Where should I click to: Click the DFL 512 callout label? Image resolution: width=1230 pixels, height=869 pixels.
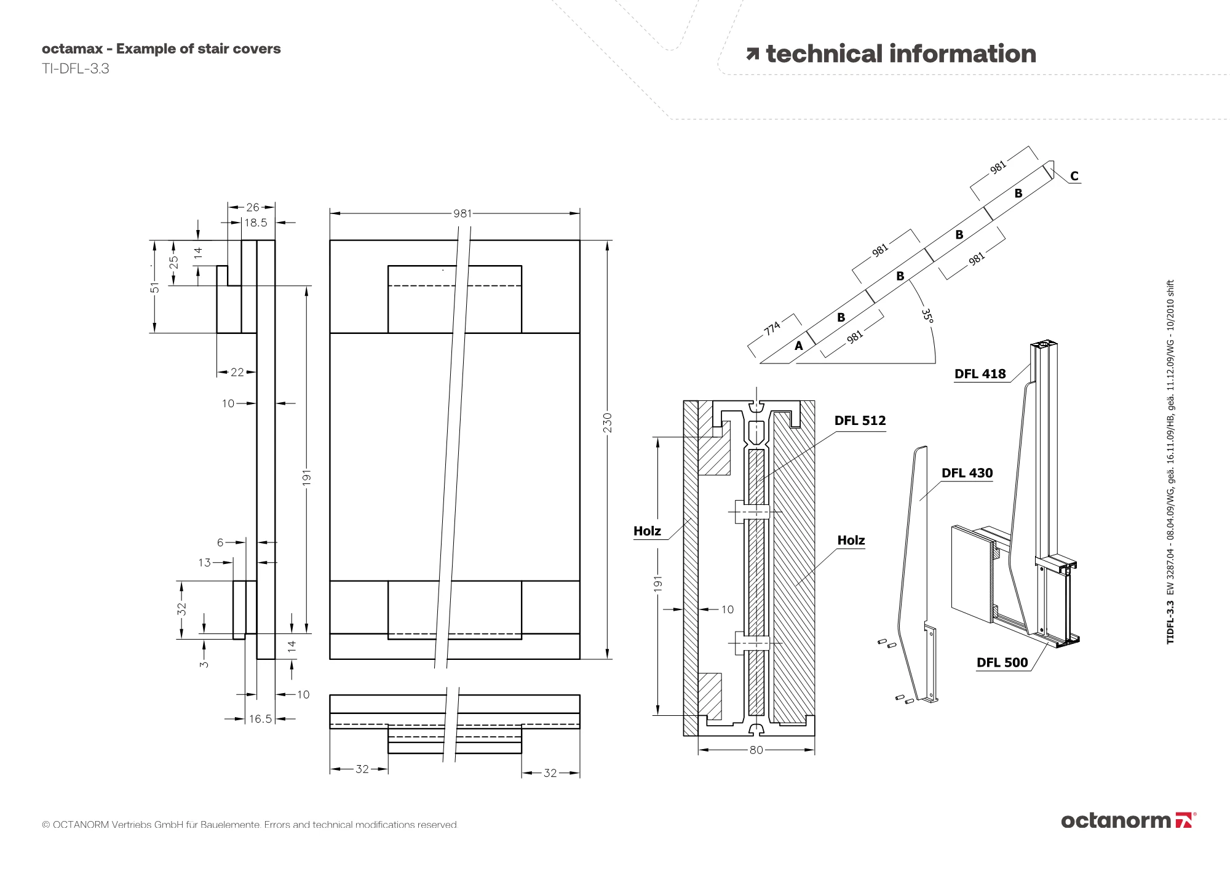(860, 421)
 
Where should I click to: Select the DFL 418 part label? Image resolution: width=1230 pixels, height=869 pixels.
(980, 374)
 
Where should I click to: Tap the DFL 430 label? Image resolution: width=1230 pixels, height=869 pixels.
(967, 473)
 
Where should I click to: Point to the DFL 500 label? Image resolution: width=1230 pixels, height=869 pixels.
(1002, 662)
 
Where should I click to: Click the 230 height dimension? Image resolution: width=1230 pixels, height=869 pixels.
(608, 423)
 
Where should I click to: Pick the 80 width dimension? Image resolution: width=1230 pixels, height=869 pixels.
(756, 750)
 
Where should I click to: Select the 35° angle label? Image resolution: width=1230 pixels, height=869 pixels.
(927, 315)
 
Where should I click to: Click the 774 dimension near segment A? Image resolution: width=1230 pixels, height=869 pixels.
(772, 328)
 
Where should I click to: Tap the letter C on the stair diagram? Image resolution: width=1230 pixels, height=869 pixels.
(1074, 177)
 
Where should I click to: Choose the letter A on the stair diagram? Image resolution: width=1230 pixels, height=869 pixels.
(798, 346)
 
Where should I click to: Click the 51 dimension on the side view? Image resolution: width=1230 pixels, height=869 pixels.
(155, 287)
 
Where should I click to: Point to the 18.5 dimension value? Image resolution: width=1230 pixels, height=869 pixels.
(256, 223)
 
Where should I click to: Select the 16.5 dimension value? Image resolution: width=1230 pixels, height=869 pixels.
(260, 718)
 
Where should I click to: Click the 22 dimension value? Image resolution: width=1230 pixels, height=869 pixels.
(237, 372)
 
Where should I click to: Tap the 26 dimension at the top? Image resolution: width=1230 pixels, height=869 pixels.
(252, 207)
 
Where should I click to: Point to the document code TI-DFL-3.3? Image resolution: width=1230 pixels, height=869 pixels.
(76, 69)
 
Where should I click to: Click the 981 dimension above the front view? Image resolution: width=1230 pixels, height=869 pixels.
(462, 213)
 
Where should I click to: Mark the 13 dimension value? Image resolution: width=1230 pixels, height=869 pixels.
(204, 562)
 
